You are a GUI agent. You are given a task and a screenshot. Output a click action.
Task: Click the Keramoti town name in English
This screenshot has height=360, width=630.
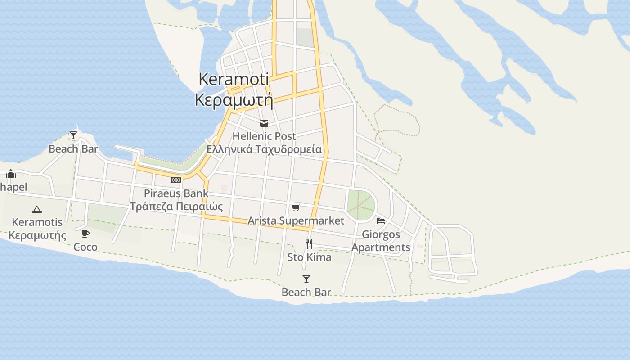point(234,79)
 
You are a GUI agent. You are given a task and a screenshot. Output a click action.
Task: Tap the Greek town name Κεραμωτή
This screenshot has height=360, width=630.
point(234,100)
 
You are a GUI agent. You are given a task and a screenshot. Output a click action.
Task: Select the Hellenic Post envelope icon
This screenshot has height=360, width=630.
point(264,123)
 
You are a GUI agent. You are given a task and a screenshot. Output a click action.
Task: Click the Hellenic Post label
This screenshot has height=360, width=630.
point(264,136)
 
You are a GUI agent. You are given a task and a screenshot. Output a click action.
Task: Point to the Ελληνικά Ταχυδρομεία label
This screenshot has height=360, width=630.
point(264,149)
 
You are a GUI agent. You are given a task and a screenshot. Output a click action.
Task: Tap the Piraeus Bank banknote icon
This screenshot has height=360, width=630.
point(176,180)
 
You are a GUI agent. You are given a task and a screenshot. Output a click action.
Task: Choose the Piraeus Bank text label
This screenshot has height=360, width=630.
point(176,193)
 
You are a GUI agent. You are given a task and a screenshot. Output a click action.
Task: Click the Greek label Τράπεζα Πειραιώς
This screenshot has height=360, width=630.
point(176,207)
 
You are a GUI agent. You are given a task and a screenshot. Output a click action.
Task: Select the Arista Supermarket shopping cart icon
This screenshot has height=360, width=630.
point(296,207)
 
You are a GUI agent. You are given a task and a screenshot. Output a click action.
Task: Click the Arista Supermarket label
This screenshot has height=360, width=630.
point(296,220)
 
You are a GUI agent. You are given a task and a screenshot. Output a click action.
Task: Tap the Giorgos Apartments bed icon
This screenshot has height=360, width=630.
point(381,221)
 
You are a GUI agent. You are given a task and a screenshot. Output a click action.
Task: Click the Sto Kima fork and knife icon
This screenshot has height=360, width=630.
point(309,244)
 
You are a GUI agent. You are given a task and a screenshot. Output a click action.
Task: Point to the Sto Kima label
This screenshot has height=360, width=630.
point(309,257)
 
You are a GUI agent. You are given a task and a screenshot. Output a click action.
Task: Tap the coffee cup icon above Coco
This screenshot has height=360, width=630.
point(85,234)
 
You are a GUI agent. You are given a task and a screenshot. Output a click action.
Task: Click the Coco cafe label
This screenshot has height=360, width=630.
point(85,247)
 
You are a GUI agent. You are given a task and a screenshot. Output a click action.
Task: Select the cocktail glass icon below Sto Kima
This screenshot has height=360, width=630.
point(306,279)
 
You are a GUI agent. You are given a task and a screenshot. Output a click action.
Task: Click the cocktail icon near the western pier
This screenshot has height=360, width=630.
point(73,135)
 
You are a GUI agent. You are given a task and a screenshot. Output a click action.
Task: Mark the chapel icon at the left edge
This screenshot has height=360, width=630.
point(11,174)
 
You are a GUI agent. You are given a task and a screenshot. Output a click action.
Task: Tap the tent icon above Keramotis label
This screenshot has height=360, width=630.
point(37,209)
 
